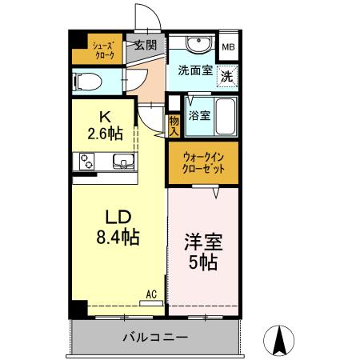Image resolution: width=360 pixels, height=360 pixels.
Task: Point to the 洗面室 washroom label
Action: tap(194, 70)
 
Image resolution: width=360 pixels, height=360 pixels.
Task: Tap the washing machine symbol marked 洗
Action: tap(227, 78)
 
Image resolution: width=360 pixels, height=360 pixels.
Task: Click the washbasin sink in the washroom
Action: tap(195, 44)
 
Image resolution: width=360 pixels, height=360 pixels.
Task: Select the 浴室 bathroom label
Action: tap(200, 115)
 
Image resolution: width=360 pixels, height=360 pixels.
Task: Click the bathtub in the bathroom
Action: tap(227, 115)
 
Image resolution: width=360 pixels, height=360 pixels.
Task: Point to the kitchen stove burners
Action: tap(86, 162)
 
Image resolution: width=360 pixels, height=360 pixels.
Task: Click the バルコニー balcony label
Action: tap(155, 336)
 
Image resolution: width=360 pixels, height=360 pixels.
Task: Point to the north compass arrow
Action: tap(281, 339)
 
